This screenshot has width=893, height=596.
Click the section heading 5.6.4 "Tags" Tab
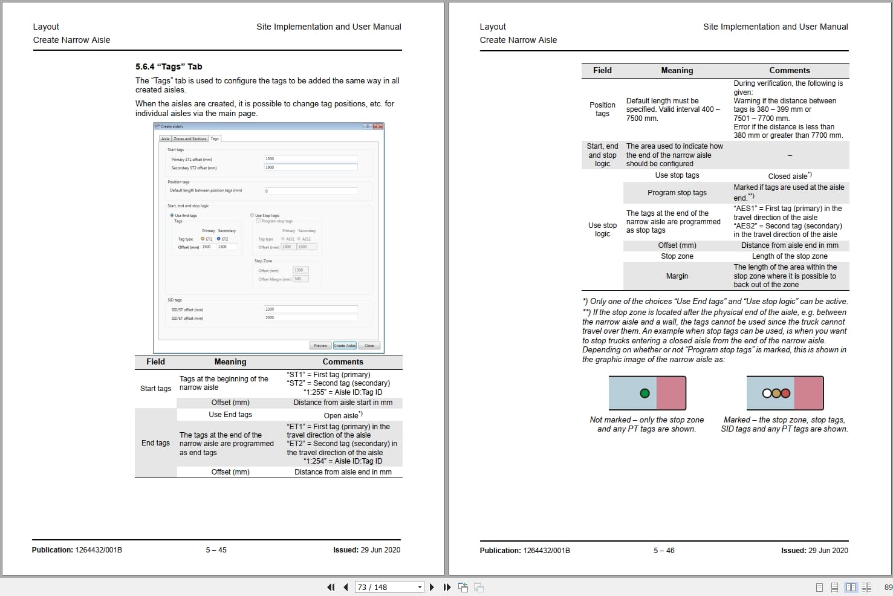169,67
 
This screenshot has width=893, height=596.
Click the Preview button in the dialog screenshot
320,346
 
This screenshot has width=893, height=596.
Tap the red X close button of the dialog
378,126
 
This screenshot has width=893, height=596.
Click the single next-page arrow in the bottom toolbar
432,587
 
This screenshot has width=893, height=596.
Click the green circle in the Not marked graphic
645,393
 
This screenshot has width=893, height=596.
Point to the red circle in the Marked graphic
785,393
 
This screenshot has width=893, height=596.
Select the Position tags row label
602,109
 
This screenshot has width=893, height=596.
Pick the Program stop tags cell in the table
677,193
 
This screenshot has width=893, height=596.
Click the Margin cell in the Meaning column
677,276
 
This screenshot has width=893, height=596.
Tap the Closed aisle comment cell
789,176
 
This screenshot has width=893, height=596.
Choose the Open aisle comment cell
343,415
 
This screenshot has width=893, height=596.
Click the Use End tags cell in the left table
230,415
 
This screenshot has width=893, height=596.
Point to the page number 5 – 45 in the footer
216,550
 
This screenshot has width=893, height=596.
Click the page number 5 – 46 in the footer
663,551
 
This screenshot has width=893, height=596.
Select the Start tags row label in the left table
155,389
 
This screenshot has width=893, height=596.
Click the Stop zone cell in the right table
677,256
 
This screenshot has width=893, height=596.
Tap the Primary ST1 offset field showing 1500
310,159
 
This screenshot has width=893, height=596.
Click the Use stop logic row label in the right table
602,230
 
